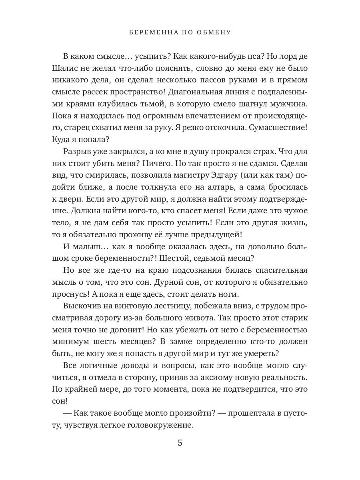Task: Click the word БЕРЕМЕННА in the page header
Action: tap(150, 32)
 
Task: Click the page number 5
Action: tap(180, 443)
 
